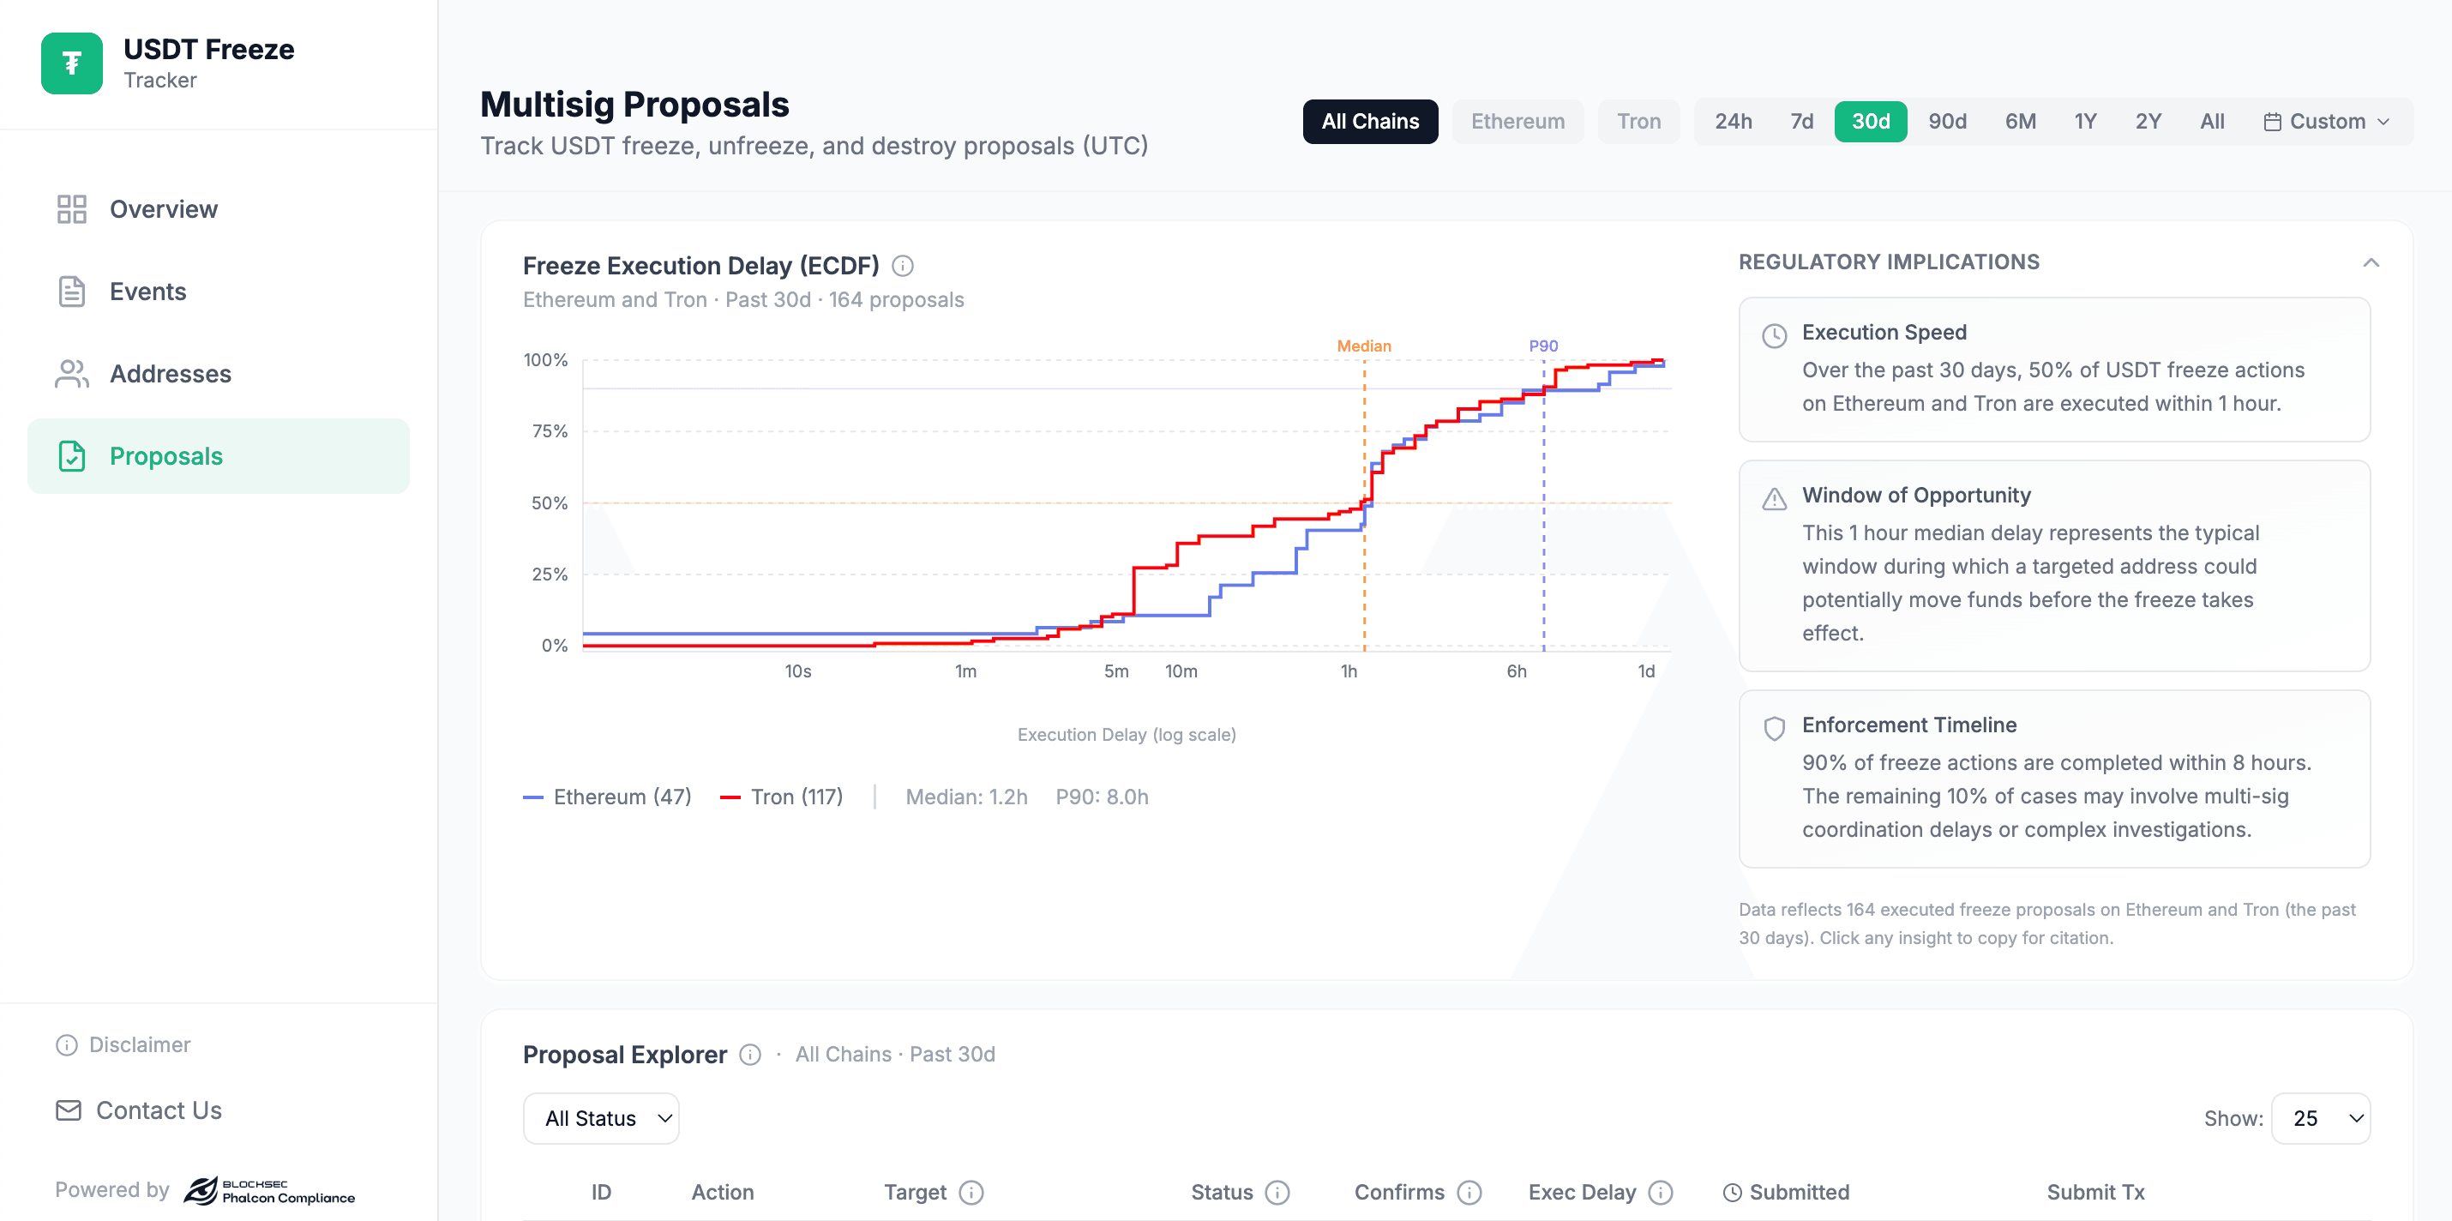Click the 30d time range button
point(1870,122)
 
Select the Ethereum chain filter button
point(1517,122)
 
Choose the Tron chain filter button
point(1638,122)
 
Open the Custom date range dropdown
point(2325,122)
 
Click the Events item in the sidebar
point(147,292)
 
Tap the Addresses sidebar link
point(170,374)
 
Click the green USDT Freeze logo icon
point(71,63)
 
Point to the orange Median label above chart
point(1363,346)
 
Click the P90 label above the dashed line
point(1543,346)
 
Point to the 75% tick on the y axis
point(550,431)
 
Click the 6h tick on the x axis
point(1516,671)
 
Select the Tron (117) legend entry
point(782,797)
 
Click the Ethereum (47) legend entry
point(607,797)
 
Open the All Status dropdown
point(601,1118)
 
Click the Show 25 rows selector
point(2320,1118)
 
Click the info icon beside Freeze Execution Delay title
point(903,267)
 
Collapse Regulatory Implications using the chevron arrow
point(2371,262)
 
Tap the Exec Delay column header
point(1581,1193)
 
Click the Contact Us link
point(158,1110)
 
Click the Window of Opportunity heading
point(1915,495)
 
